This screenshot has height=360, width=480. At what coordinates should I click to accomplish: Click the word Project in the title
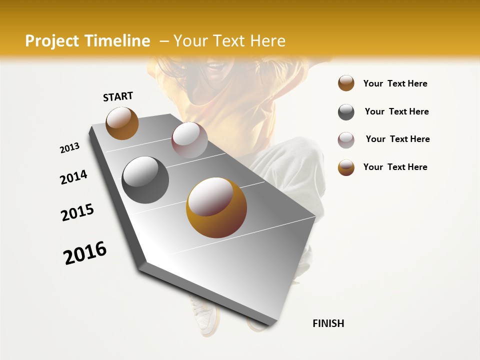pos(53,41)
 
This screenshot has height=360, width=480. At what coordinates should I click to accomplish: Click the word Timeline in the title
pos(117,41)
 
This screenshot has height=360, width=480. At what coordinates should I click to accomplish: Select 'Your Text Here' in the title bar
pos(229,41)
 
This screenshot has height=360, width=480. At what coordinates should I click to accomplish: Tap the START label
pos(118,96)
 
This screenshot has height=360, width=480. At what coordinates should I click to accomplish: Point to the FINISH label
pos(328,323)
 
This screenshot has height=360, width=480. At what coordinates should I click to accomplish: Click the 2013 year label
pos(69,148)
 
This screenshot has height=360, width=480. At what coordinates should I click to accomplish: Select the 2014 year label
pos(73,177)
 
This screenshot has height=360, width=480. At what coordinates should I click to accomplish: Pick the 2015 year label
pos(77,212)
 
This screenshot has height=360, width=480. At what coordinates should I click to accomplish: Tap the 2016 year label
pos(85,253)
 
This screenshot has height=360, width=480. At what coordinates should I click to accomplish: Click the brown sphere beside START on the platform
pos(122,123)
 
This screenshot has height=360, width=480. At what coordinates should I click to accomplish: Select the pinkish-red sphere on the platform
pos(189,140)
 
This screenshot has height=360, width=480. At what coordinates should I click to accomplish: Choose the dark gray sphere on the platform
pos(145,180)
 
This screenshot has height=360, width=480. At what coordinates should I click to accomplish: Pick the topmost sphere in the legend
pos(346,83)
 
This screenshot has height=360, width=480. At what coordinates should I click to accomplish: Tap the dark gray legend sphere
pos(346,112)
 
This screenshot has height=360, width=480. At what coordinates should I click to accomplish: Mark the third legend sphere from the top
pos(346,140)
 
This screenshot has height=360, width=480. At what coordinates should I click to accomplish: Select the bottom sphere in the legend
pos(346,167)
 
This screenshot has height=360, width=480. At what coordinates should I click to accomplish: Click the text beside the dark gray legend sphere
pos(396,111)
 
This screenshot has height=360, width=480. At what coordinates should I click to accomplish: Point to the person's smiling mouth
pos(215,66)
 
